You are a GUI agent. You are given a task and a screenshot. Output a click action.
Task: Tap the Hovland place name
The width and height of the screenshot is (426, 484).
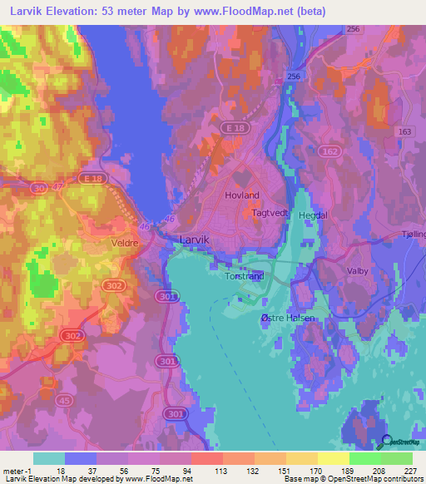click(242, 195)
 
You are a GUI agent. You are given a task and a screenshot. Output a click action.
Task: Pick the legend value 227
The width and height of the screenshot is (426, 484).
click(409, 469)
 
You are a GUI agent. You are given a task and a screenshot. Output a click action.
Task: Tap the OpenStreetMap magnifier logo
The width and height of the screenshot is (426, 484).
click(385, 441)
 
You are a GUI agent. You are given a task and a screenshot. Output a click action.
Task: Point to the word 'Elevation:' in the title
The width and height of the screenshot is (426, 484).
click(73, 11)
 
